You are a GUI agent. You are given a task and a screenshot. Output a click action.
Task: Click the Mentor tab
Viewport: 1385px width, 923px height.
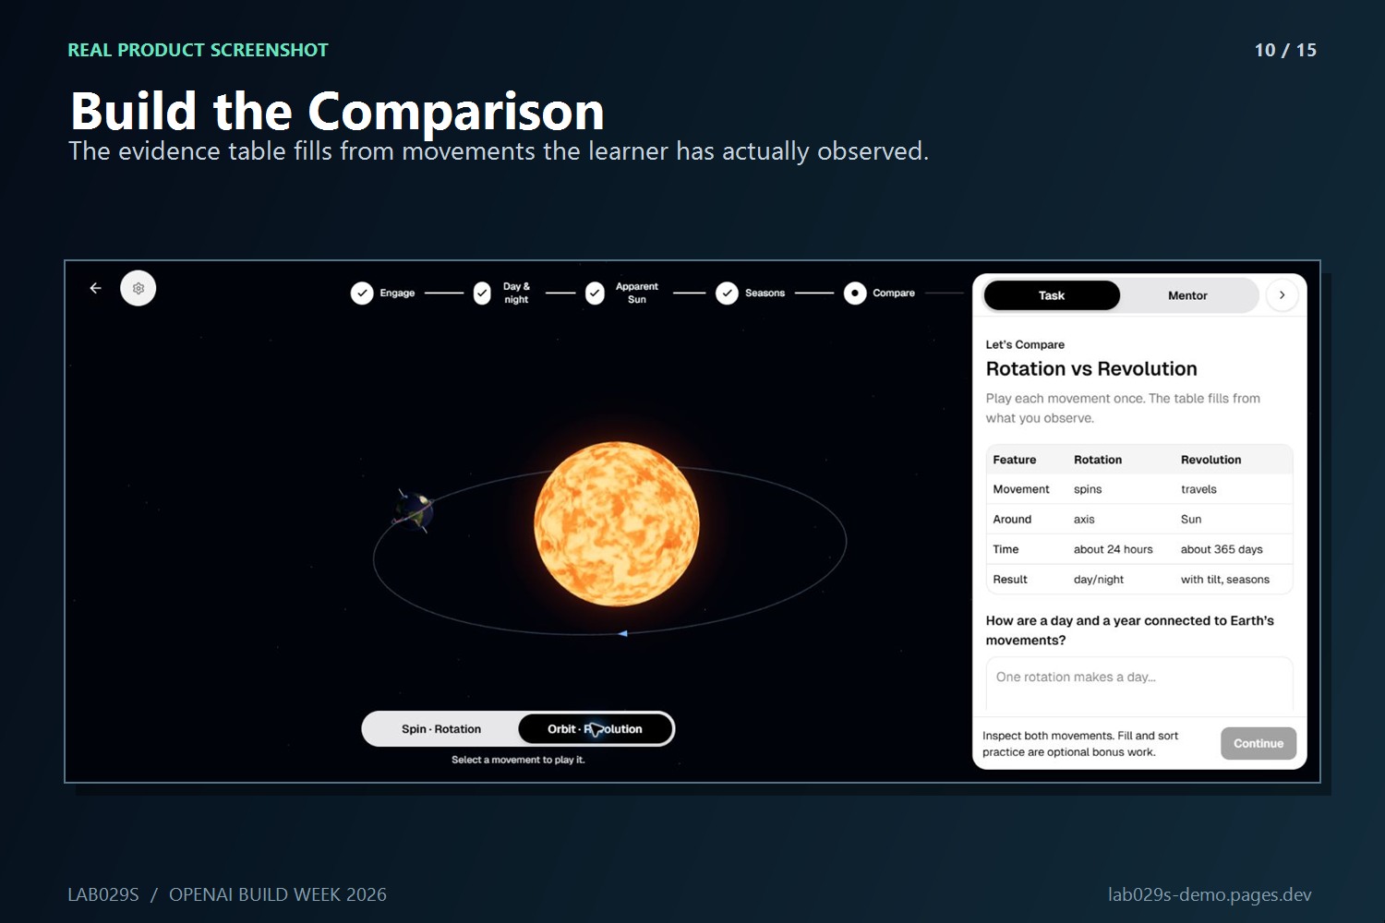pyautogui.click(x=1187, y=295)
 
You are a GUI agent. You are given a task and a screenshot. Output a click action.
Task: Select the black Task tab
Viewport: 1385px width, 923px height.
pyautogui.click(x=1051, y=295)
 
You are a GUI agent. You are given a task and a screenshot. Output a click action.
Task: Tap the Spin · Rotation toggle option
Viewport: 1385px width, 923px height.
pyautogui.click(x=440, y=729)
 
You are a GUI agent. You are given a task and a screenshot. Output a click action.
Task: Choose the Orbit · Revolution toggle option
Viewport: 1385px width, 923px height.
pyautogui.click(x=595, y=729)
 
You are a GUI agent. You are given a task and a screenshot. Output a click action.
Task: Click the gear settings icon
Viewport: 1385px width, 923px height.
pyautogui.click(x=138, y=288)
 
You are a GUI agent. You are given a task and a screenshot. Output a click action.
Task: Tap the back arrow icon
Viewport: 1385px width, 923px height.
pyautogui.click(x=95, y=288)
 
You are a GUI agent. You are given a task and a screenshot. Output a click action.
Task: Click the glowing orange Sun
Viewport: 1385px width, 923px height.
pyautogui.click(x=617, y=523)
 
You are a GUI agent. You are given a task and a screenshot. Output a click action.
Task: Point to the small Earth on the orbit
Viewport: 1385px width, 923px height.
pyautogui.click(x=413, y=511)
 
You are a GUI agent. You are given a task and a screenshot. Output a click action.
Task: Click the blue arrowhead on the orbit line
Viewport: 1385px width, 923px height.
pyautogui.click(x=622, y=633)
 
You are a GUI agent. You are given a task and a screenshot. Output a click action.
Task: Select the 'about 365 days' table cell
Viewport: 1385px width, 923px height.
pyautogui.click(x=1222, y=549)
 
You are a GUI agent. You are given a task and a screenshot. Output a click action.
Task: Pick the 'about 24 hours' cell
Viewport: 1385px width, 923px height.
pyautogui.click(x=1113, y=549)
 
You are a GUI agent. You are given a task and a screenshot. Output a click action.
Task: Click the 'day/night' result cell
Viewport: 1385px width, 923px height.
pyautogui.click(x=1098, y=580)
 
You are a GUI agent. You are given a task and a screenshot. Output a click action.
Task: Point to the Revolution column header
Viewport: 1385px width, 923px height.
pyautogui.click(x=1210, y=460)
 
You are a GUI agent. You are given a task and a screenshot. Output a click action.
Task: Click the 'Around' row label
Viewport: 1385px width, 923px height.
pyautogui.click(x=1012, y=520)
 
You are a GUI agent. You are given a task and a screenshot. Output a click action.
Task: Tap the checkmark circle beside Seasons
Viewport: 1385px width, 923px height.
pyautogui.click(x=727, y=293)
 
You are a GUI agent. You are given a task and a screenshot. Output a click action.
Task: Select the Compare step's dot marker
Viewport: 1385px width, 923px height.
pyautogui.click(x=854, y=293)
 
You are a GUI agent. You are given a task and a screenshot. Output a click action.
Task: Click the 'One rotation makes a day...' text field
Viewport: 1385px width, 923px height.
pyautogui.click(x=1138, y=683)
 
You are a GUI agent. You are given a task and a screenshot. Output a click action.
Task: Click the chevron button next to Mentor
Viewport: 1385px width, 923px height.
pyautogui.click(x=1282, y=294)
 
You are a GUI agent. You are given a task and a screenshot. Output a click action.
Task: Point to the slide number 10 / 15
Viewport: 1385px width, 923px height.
pyautogui.click(x=1285, y=50)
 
